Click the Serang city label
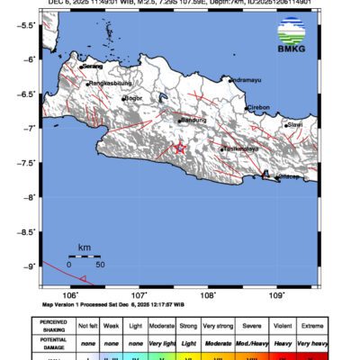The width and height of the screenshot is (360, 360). click(93, 66)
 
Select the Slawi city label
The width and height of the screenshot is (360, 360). click(293, 125)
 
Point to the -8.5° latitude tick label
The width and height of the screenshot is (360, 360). click(26, 231)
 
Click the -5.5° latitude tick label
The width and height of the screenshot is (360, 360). click(26, 25)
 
